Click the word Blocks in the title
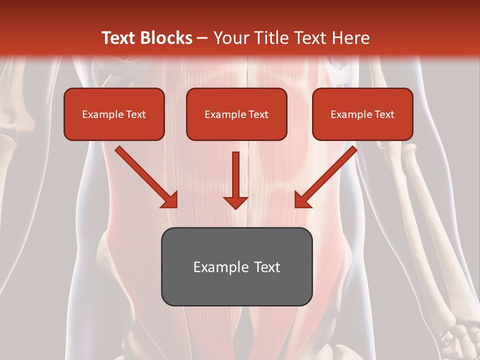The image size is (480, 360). [166, 38]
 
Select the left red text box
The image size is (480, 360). [114, 114]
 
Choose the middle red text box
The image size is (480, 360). [236, 114]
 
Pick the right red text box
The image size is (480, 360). [362, 114]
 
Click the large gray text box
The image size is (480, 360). [236, 266]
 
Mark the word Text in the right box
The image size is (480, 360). [384, 114]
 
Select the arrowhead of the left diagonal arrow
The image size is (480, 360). [169, 200]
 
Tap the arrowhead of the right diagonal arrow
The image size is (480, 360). [302, 199]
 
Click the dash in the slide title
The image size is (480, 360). [202, 38]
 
